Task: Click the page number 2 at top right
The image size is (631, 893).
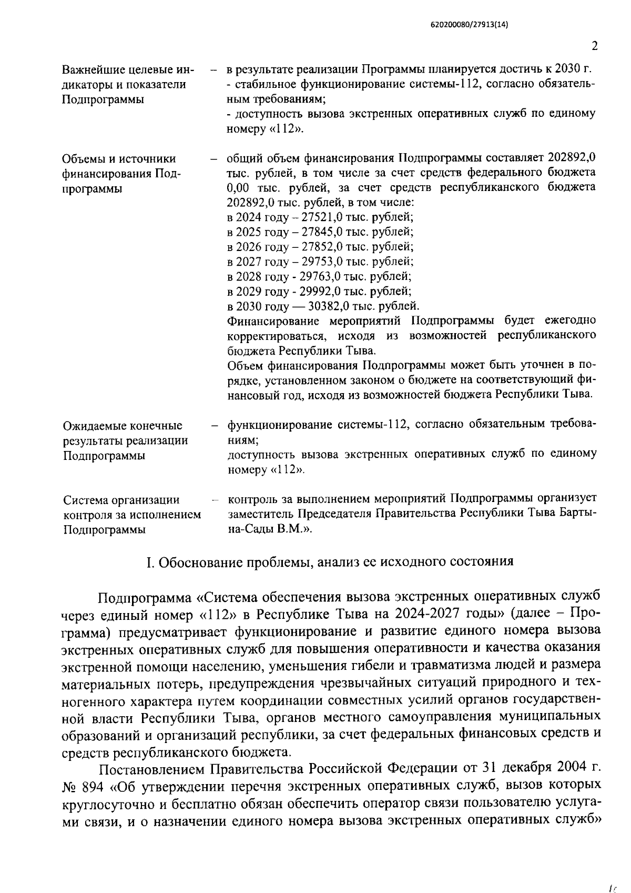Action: coord(594,46)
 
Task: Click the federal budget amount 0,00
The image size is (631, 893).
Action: coord(238,187)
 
